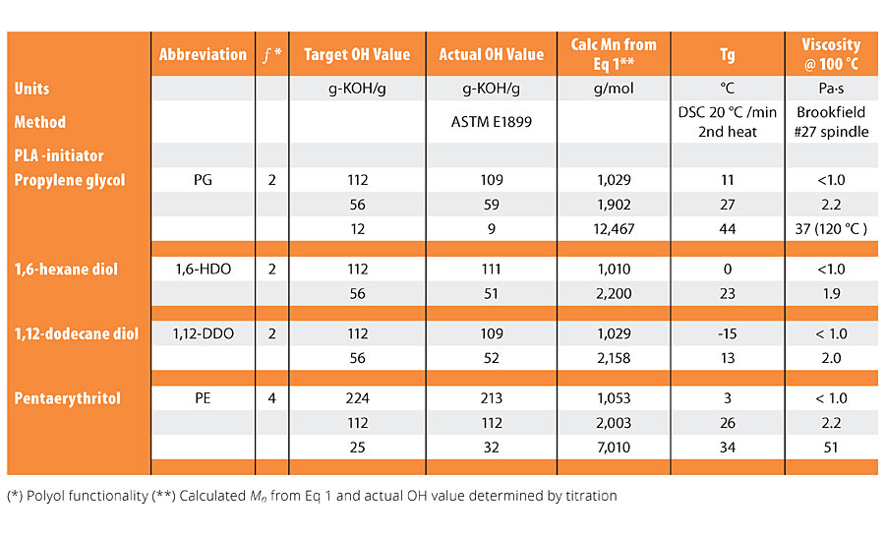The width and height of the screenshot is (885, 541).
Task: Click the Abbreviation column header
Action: pyautogui.click(x=203, y=55)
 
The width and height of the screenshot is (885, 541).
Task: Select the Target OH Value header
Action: pyautogui.click(x=357, y=55)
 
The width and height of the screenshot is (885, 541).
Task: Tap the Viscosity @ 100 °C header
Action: pyautogui.click(x=831, y=55)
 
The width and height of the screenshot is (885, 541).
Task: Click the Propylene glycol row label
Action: pyautogui.click(x=70, y=180)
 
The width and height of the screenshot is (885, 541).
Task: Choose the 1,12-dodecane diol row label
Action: pyautogui.click(x=76, y=333)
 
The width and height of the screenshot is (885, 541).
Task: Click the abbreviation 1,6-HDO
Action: pyautogui.click(x=203, y=269)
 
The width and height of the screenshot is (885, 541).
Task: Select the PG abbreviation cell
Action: pyautogui.click(x=203, y=180)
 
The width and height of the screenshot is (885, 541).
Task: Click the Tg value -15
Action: pyautogui.click(x=728, y=333)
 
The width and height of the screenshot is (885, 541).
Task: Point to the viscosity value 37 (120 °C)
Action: pyautogui.click(x=831, y=229)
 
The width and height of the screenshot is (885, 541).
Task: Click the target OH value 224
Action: pyautogui.click(x=357, y=398)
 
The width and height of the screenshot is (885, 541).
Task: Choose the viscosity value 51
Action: pyautogui.click(x=831, y=448)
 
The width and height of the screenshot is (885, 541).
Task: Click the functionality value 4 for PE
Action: pyautogui.click(x=272, y=398)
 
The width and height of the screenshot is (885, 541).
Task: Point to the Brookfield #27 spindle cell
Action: pyautogui.click(x=831, y=122)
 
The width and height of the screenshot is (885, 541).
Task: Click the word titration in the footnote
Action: pyautogui.click(x=588, y=496)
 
